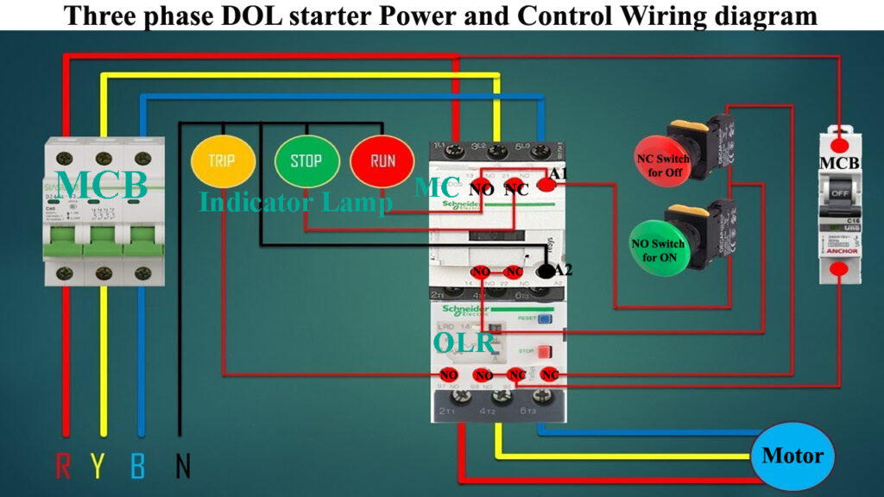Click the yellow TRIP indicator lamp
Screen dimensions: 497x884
pyautogui.click(x=222, y=160)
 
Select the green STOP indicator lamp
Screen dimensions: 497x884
pyautogui.click(x=306, y=160)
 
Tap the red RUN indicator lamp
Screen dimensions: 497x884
pyautogui.click(x=382, y=160)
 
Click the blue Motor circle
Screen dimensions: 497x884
pyautogui.click(x=792, y=456)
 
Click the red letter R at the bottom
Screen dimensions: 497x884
pyautogui.click(x=63, y=466)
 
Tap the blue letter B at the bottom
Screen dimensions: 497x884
pyautogui.click(x=138, y=466)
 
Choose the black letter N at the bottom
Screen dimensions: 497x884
pyautogui.click(x=182, y=466)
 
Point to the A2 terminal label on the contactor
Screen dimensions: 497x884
pyautogui.click(x=562, y=269)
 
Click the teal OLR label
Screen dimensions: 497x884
pyautogui.click(x=464, y=343)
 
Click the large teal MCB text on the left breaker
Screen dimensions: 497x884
pyautogui.click(x=103, y=184)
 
